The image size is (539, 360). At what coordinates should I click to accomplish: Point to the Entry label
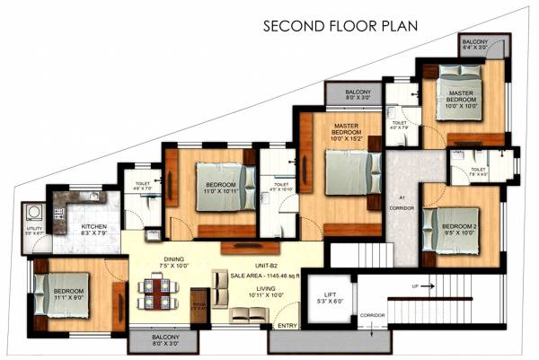pos(287,325)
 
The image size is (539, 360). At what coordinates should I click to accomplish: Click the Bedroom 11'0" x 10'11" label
pos(215,186)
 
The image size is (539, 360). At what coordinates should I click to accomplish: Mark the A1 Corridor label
pos(401,203)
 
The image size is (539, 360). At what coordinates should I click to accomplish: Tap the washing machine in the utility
pos(33,213)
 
